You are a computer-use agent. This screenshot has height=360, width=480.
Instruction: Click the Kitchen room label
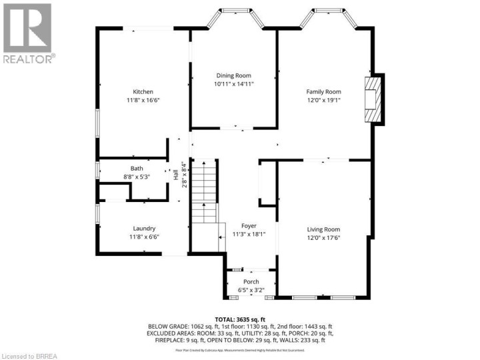[x=143, y=91]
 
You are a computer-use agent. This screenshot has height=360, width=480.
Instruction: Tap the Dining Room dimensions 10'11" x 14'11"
[x=234, y=84]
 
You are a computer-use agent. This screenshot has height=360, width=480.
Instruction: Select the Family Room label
[x=323, y=91]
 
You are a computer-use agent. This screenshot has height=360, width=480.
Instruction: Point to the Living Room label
[x=323, y=229]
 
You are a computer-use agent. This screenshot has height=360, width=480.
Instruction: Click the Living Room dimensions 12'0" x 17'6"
[x=323, y=237]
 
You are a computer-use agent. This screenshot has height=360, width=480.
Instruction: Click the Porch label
[x=251, y=282]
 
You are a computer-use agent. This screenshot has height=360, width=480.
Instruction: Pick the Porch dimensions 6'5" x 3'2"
[x=251, y=290]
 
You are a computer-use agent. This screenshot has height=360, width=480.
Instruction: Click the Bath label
[x=137, y=169]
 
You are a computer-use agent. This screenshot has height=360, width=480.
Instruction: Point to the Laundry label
[x=143, y=228]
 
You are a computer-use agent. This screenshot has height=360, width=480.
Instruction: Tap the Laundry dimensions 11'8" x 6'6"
[x=143, y=236]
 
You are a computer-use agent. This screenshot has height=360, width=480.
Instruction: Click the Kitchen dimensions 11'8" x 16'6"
[x=143, y=99]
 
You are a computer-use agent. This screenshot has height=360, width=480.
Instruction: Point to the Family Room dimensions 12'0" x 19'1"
[x=323, y=99]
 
